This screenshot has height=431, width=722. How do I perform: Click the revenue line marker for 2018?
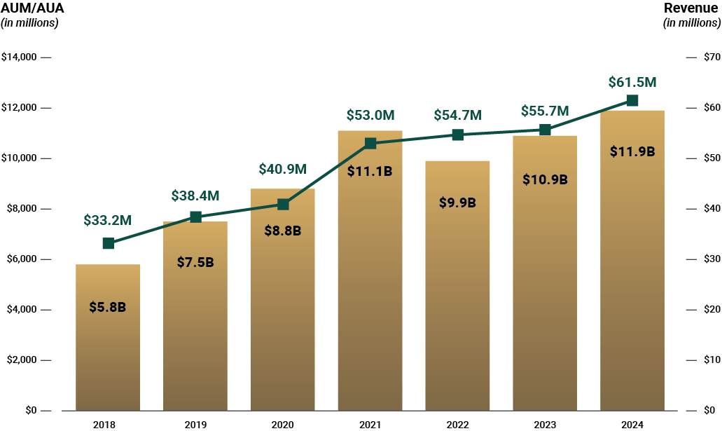[108, 243]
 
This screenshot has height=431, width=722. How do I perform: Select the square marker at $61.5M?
[632, 100]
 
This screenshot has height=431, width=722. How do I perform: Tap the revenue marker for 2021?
[370, 144]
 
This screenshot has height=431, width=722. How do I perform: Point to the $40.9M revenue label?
[283, 169]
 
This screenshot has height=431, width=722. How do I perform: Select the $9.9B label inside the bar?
[457, 203]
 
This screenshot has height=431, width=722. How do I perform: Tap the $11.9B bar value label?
[632, 151]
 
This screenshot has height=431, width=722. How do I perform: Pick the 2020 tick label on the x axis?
[283, 424]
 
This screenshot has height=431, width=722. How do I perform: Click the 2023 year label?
[545, 424]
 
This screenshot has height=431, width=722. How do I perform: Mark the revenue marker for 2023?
[545, 130]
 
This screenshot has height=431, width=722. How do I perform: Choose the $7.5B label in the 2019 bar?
[195, 262]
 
